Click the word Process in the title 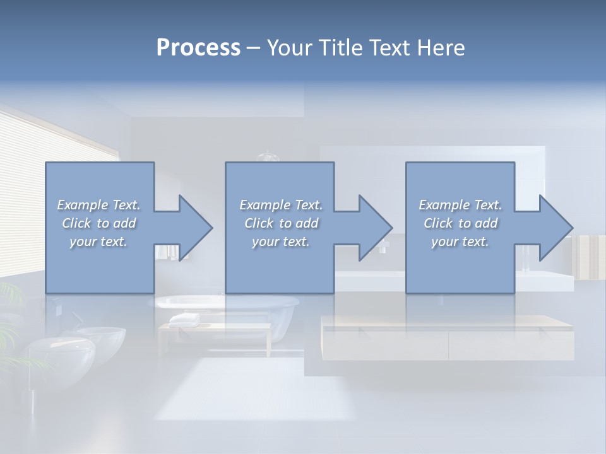(198, 48)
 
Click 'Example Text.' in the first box (98, 205)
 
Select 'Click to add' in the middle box (281, 223)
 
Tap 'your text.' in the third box (460, 242)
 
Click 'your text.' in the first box (98, 242)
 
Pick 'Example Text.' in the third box (460, 205)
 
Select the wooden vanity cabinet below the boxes (448, 337)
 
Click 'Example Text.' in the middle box (281, 205)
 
